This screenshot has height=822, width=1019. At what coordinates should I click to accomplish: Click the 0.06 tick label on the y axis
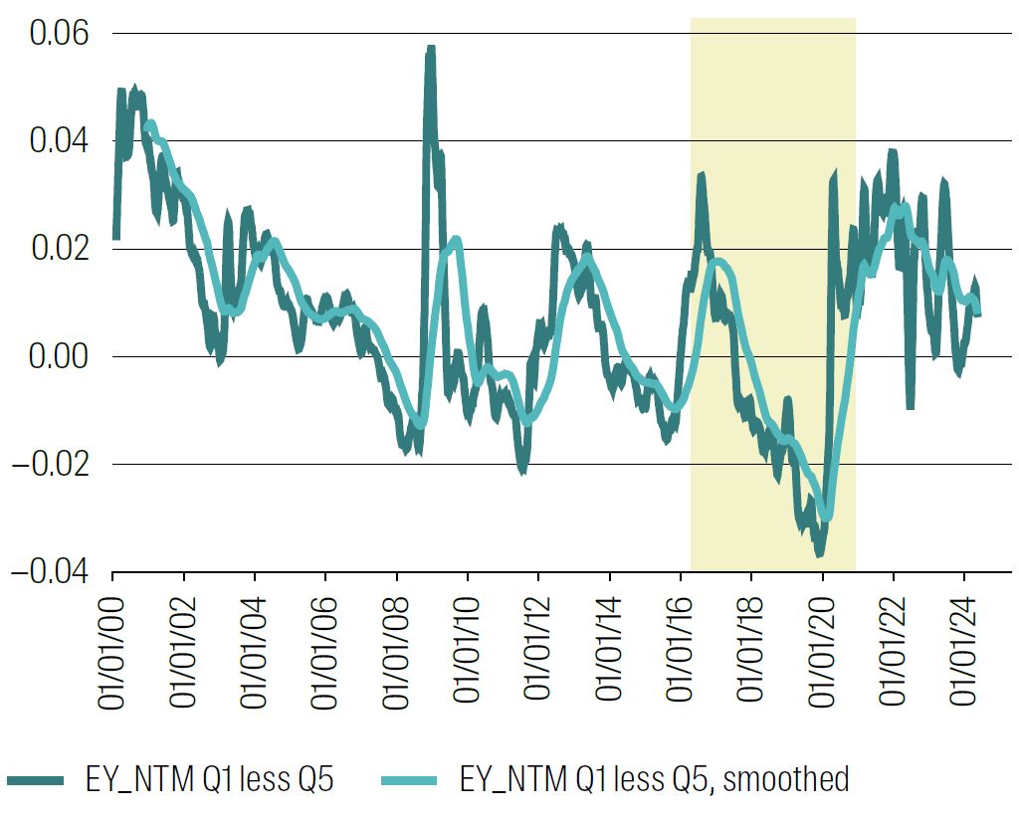59,34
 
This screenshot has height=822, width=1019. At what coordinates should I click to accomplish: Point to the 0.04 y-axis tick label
59,141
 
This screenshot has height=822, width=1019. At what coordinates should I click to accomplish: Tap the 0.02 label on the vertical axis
59,249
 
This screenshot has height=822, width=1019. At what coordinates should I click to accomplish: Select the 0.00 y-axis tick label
59,356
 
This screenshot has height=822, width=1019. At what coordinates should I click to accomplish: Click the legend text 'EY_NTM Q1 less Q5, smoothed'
655,779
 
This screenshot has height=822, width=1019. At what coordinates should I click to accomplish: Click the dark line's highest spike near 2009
431,48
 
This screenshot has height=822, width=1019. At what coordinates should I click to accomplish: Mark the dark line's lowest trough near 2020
819,553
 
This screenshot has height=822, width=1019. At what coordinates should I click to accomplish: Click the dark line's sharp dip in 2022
910,407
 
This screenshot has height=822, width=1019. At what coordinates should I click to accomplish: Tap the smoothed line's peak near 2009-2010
456,239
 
